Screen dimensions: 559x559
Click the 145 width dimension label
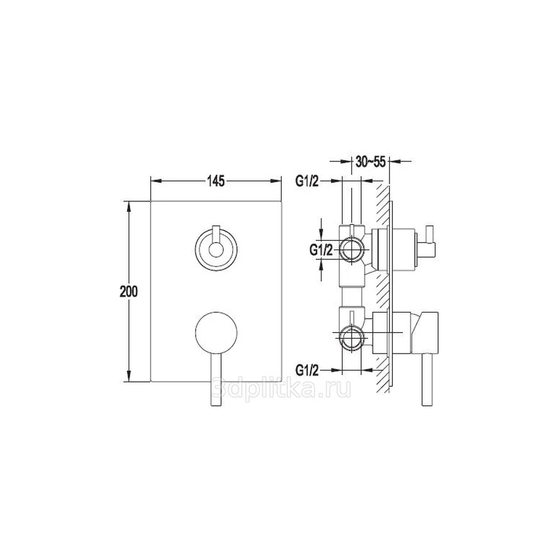(216, 181)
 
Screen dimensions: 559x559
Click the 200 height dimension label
(129, 292)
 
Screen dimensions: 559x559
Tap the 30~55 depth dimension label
(371, 162)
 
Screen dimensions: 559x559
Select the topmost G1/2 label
(307, 182)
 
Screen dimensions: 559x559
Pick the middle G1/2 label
(321, 250)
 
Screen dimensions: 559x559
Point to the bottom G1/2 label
(307, 371)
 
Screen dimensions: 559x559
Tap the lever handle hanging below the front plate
(216, 380)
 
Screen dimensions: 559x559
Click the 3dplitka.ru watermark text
(281, 389)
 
